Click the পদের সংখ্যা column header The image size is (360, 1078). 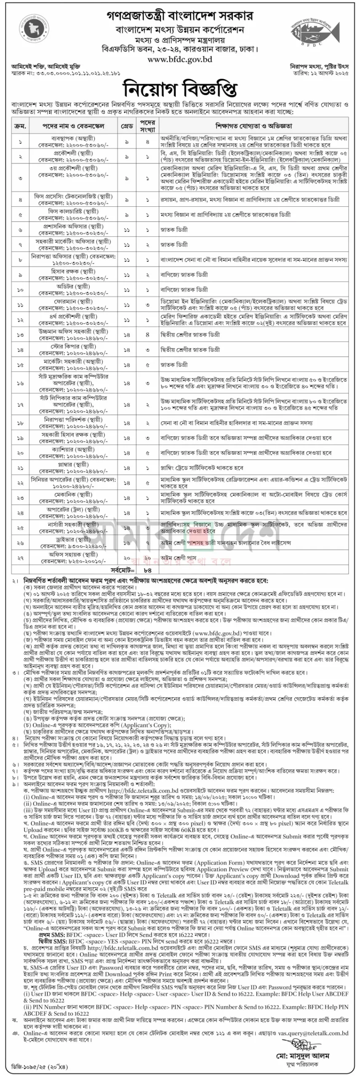point(148,126)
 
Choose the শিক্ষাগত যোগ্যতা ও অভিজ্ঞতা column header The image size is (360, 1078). point(253,126)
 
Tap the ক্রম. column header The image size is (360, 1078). point(20,126)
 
